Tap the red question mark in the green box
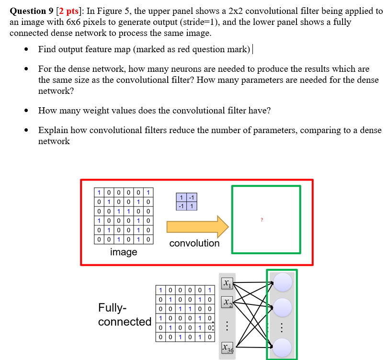(262, 220)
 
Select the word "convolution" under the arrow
(194, 243)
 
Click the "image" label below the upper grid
(124, 252)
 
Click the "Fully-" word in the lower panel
(113, 307)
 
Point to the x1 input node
(227, 284)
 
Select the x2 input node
(227, 303)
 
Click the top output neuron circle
(282, 282)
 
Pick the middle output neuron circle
(282, 307)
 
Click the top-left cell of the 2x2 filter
(182, 198)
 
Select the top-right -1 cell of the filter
(191, 198)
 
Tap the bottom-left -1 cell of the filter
(182, 206)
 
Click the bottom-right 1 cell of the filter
(191, 206)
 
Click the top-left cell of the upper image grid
(99, 193)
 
